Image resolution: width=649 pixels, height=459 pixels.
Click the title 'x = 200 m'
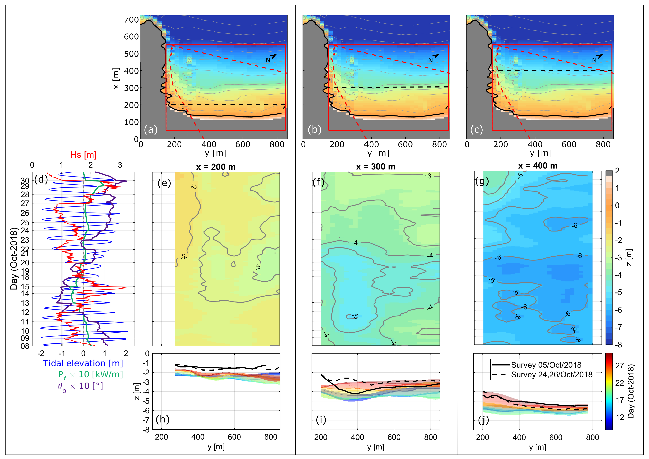tap(216, 167)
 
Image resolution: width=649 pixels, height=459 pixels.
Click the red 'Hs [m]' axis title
tap(83, 155)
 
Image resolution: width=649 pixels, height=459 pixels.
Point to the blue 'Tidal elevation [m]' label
tap(83, 363)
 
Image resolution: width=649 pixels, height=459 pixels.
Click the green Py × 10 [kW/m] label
tap(90, 375)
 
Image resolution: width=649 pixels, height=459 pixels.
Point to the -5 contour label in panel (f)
tap(355, 316)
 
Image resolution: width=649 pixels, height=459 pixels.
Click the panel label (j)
tap(483, 420)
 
